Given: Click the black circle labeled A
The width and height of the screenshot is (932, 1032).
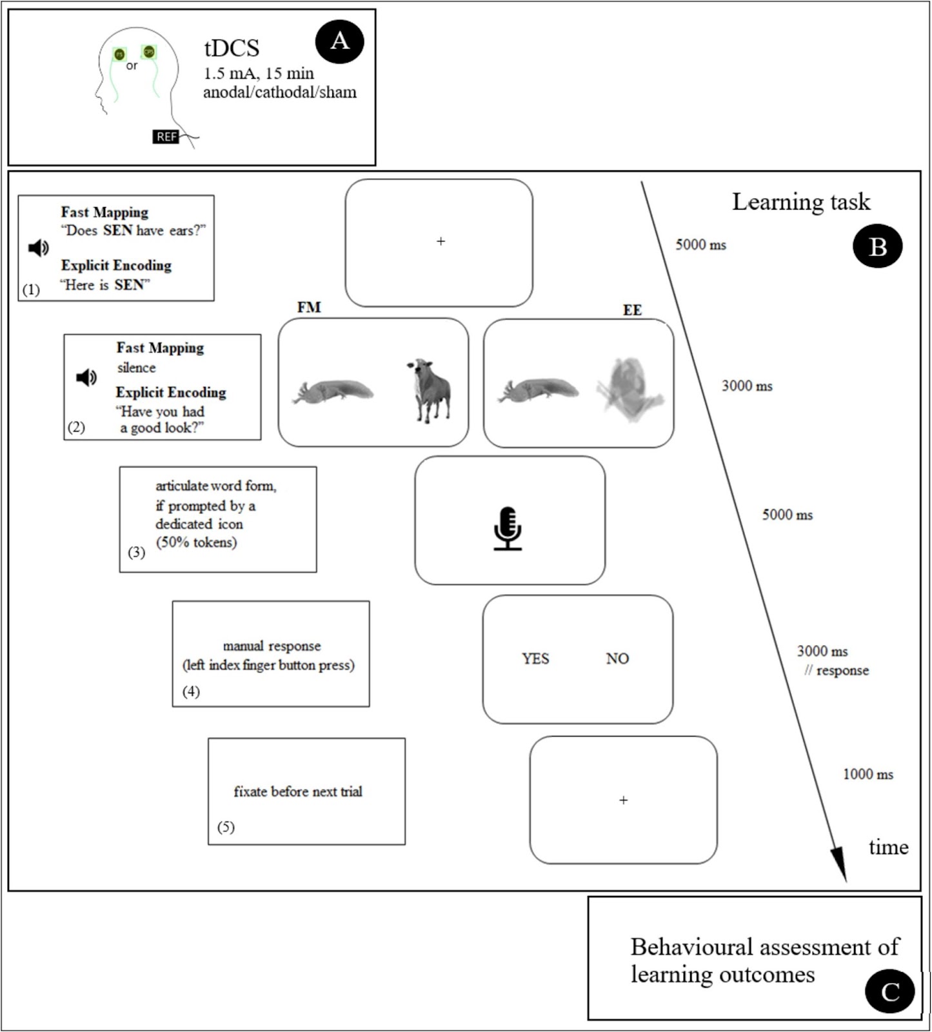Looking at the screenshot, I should [339, 41].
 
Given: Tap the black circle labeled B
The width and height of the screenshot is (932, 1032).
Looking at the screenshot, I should [877, 246].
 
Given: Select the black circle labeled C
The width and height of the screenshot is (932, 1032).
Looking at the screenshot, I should [889, 991].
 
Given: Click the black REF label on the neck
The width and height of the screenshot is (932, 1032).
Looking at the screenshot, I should [166, 137].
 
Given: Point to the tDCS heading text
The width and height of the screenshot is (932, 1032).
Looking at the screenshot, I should [232, 48].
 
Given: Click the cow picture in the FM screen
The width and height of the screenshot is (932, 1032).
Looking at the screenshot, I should [428, 390].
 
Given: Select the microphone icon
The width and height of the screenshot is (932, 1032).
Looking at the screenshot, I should [508, 528].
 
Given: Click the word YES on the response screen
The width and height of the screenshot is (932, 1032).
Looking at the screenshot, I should [535, 659].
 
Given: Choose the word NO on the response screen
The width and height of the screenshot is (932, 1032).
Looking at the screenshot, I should [617, 659].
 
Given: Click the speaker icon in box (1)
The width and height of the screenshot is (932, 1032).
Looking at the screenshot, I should [39, 248].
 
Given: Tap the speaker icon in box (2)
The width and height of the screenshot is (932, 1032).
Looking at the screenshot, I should [86, 377].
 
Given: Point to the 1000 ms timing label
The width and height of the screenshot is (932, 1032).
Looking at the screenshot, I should [868, 774].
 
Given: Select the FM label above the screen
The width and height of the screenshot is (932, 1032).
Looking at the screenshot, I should [309, 308].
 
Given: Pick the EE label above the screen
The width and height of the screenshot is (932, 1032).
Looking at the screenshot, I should [632, 310].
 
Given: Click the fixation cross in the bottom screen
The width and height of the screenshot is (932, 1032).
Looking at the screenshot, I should [623, 800].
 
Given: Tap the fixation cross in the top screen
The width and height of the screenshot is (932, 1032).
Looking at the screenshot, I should [441, 241].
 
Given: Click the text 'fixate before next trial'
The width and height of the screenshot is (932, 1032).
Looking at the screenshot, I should [298, 791].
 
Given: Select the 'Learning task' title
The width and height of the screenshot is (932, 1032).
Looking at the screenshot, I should [800, 202].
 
